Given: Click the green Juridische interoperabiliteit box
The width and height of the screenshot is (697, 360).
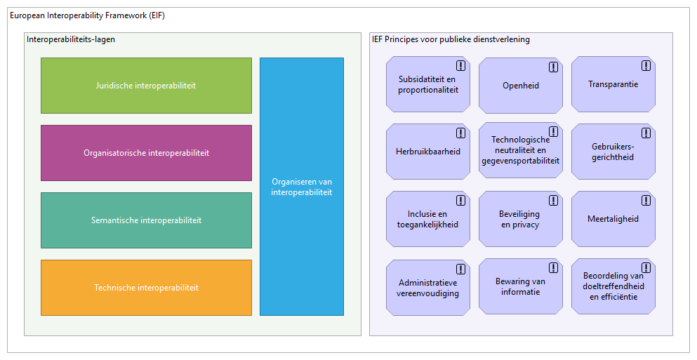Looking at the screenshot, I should point(146,86).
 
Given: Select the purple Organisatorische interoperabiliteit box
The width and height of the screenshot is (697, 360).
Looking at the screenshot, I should point(146,153).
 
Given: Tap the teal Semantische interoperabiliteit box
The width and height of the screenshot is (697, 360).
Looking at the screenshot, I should point(146,220).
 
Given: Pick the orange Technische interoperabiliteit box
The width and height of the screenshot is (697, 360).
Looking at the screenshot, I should point(146,288).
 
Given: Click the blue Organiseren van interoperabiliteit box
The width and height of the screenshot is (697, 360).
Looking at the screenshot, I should point(301,187).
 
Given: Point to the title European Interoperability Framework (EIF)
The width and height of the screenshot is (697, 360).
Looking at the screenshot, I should point(88,15).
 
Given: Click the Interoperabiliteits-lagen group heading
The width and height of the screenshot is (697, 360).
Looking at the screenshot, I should point(71,39).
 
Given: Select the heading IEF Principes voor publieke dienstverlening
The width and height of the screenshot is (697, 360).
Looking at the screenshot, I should point(451,39).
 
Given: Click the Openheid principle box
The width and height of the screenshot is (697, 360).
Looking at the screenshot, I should point(520,86).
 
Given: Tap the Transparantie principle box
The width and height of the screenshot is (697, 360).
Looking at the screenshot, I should point(613,84).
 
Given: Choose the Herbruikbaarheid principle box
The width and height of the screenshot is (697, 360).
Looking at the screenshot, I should point(427,152).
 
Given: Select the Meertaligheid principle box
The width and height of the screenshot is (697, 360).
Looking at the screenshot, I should point(613,219).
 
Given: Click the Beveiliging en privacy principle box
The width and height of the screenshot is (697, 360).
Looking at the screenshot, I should point(520,219).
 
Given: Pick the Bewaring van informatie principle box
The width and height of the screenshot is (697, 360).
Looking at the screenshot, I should point(520,286).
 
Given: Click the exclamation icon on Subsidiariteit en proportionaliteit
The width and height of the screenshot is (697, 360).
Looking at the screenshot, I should point(460,66).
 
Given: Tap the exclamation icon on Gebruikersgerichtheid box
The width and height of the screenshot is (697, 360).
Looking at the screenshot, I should point(646,133).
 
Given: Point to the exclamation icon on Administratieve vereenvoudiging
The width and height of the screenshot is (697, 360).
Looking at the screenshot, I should point(460,269).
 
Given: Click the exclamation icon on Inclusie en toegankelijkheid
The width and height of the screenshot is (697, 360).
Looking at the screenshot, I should point(460,201).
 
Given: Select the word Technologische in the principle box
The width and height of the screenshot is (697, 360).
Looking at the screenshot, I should point(520,140).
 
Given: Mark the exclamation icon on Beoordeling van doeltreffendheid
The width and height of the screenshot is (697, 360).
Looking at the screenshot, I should point(646,268).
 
